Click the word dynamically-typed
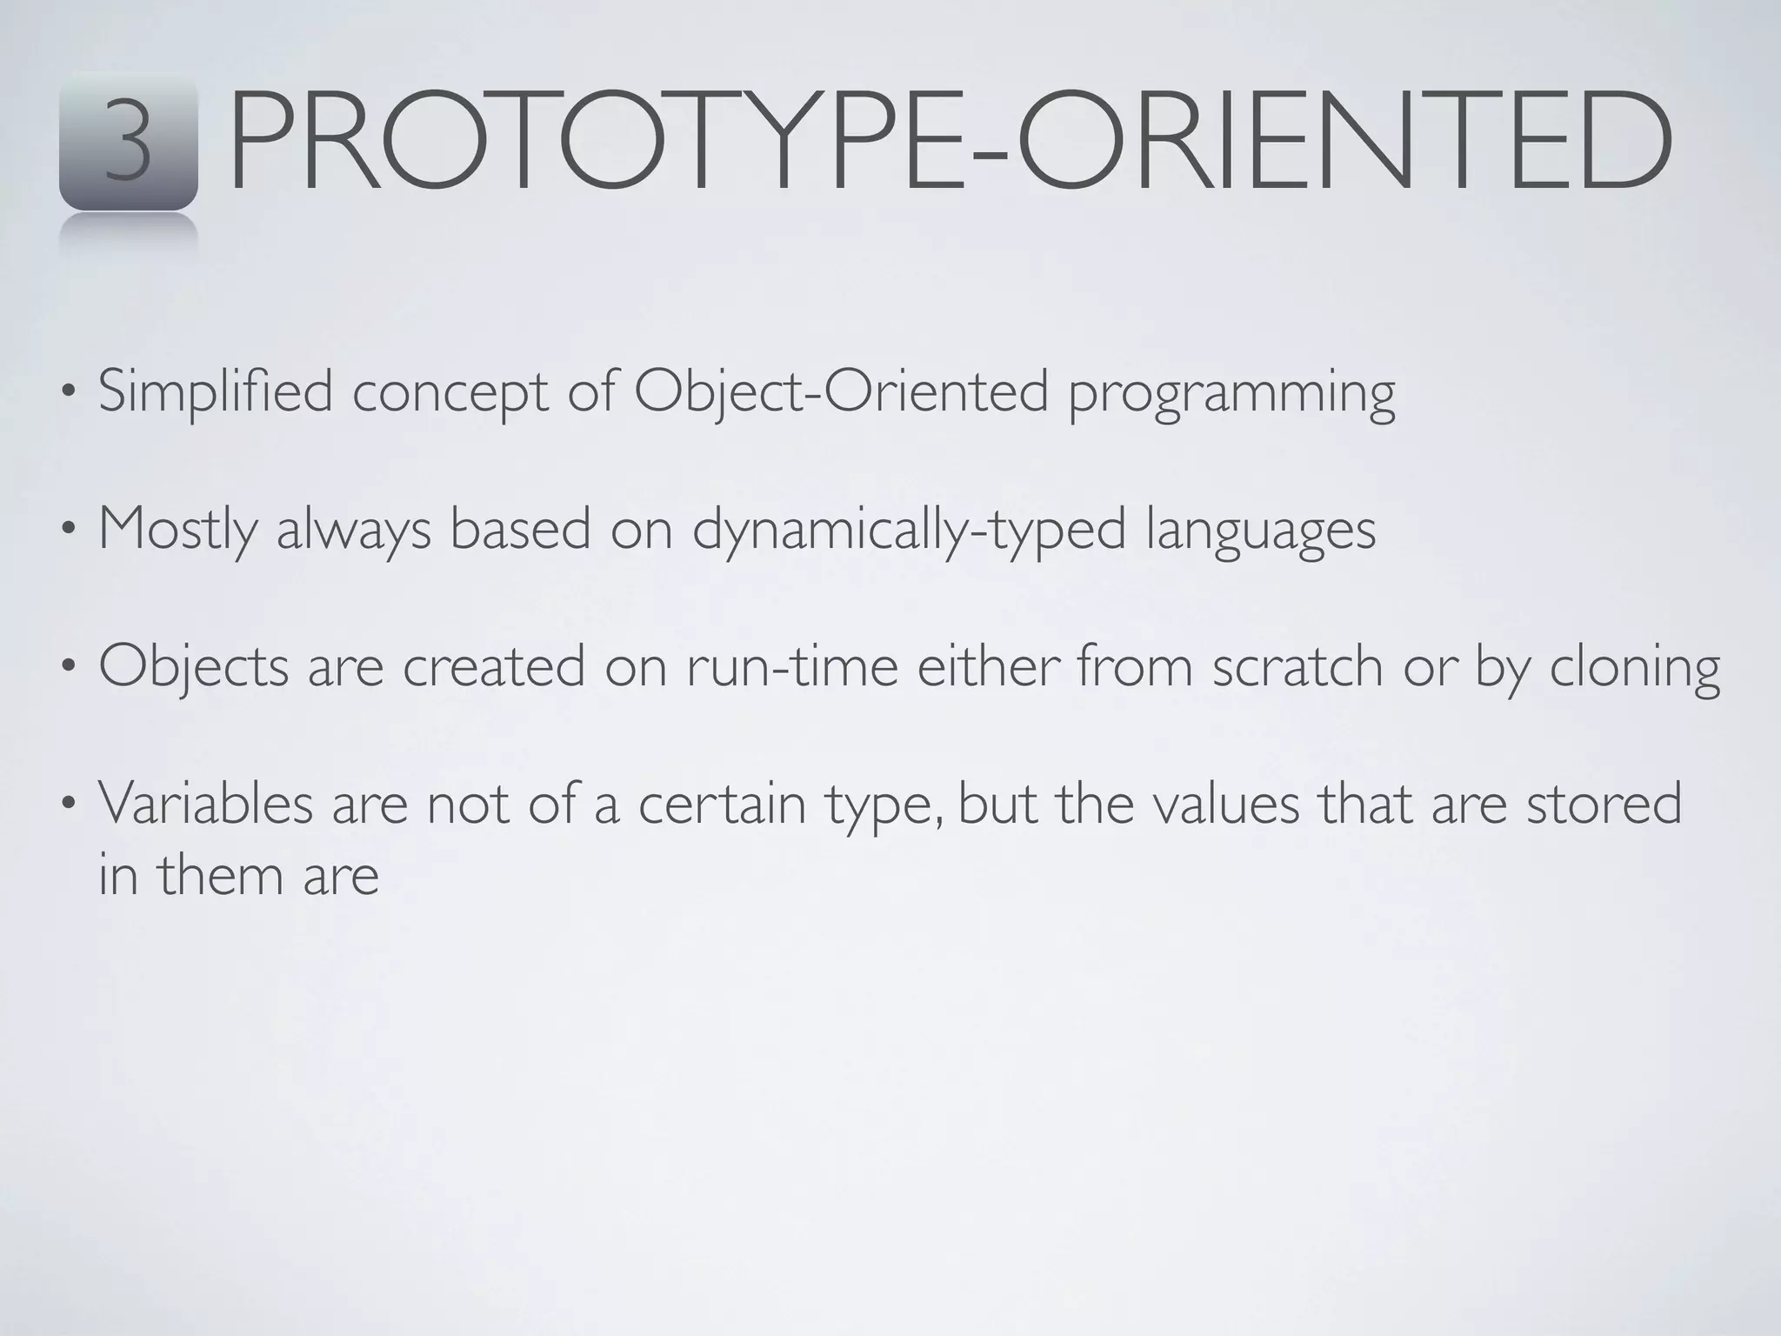tap(909, 531)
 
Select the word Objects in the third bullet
tap(193, 668)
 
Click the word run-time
tap(791, 666)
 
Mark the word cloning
tap(1635, 668)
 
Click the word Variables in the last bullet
tap(205, 804)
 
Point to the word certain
tap(722, 804)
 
